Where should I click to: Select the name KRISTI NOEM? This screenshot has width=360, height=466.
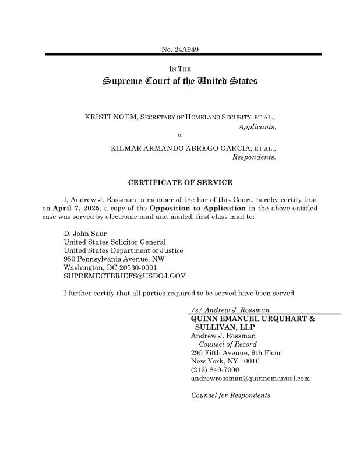pos(112,118)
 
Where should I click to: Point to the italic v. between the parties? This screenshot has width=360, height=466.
pos(180,136)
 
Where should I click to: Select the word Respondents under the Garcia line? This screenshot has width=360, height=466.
pos(254,157)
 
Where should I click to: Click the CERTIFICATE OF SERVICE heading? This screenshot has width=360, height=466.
pos(180,182)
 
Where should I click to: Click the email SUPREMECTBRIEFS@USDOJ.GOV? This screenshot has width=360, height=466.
pos(124,276)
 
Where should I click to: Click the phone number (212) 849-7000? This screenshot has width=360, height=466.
pos(214,369)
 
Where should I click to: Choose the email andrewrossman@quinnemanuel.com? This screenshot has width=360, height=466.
pos(250,378)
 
